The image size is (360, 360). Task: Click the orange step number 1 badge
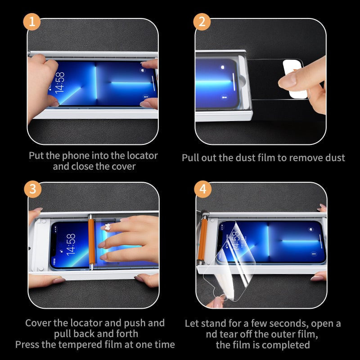point(32,22)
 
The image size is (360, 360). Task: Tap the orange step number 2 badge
point(202,22)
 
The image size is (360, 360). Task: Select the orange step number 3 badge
point(33,189)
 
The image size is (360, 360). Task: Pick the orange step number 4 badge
point(203,189)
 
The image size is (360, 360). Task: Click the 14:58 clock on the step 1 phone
point(60,82)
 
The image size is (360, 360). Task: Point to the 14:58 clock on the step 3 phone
point(71,245)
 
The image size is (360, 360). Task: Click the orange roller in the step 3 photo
point(91,242)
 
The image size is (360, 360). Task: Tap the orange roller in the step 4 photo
point(203,239)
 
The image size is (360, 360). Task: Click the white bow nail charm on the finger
point(108,227)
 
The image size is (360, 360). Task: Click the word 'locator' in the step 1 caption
point(142,156)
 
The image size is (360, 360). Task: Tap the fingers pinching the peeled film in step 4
point(216,302)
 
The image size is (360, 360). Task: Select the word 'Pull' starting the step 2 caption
point(190,158)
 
